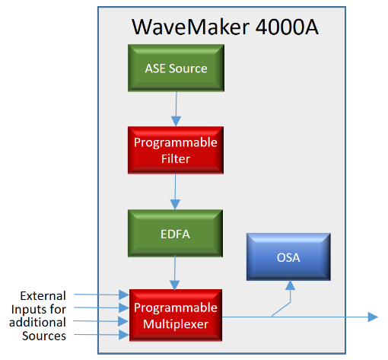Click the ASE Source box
pos(176,68)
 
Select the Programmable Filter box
pos(176,150)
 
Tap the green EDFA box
pos(175,234)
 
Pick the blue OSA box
pos(288,256)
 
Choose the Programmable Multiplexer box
pos(176,315)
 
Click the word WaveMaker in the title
pos(191,27)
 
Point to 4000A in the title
pos(287,27)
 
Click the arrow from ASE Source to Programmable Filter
pos(176,109)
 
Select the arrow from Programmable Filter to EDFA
pos(175,192)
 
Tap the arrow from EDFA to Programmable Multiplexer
pos(175,273)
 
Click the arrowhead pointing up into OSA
pos(290,285)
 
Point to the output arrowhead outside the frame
pos(373,317)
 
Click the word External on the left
pos(43,296)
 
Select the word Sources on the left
pos(44,336)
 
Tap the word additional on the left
pos(37,322)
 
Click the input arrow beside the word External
pos(101,295)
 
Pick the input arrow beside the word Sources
pos(101,335)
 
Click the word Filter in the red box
pos(176,159)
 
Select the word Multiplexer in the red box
pos(176,324)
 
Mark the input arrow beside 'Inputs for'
pos(101,307)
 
